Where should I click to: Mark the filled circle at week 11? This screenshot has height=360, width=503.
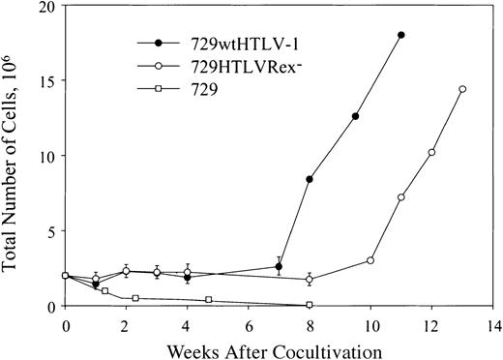click(400, 36)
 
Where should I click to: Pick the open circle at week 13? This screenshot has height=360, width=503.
click(462, 89)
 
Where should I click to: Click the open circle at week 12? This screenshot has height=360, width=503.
click(431, 152)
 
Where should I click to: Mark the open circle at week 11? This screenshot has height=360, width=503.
click(400, 197)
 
